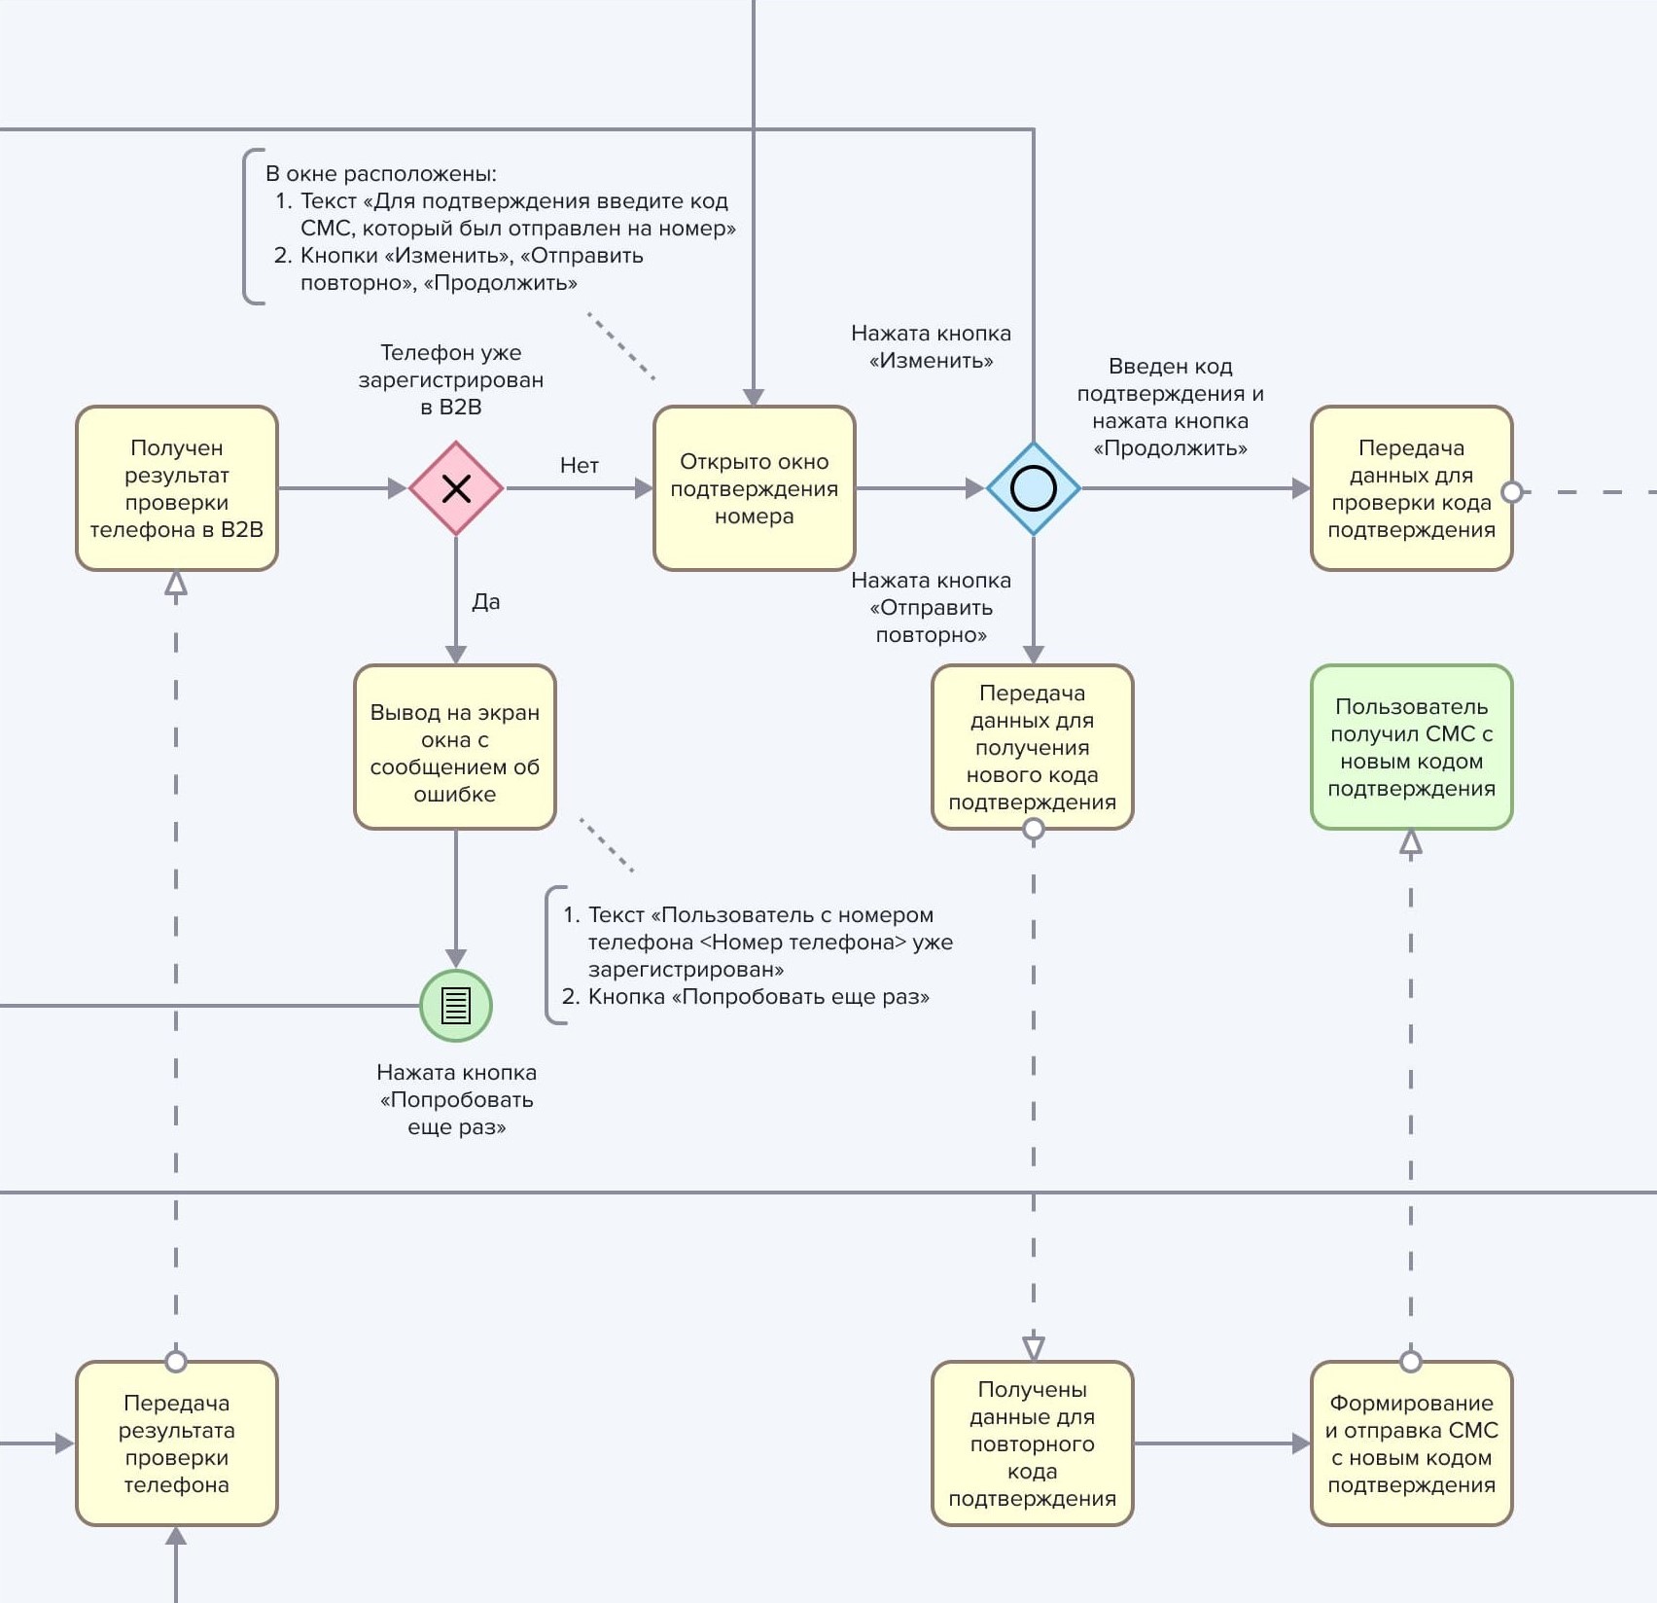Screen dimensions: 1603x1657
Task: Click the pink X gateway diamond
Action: coord(456,488)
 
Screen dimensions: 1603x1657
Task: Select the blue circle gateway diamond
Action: coord(1033,488)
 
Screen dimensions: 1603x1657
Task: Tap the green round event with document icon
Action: coord(456,1006)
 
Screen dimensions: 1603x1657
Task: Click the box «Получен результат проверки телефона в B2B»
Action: coord(177,488)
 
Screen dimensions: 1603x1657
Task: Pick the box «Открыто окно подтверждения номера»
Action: coord(754,488)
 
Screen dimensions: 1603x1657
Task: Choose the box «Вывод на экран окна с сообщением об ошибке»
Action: coord(455,747)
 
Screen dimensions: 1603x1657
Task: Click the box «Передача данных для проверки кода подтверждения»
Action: coord(1411,488)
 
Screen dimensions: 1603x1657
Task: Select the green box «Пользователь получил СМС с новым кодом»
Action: coord(1411,747)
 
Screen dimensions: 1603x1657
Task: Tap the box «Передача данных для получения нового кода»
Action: coord(1033,747)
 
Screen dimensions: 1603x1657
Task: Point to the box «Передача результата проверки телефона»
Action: coord(177,1443)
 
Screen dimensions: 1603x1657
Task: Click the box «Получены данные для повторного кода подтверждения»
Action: coord(1033,1443)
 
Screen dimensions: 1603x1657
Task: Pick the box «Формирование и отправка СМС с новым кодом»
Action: coord(1411,1443)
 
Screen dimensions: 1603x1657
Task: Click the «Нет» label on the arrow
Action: coord(580,466)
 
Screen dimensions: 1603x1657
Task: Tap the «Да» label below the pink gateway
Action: coord(486,602)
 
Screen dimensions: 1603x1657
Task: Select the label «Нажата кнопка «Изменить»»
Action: coord(932,347)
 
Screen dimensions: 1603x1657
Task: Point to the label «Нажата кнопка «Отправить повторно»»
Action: coord(932,608)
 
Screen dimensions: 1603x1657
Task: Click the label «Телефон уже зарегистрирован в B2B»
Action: coord(451,379)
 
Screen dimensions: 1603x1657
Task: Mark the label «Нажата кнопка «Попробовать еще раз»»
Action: coord(457,1100)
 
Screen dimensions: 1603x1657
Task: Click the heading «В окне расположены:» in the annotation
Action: coord(381,174)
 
